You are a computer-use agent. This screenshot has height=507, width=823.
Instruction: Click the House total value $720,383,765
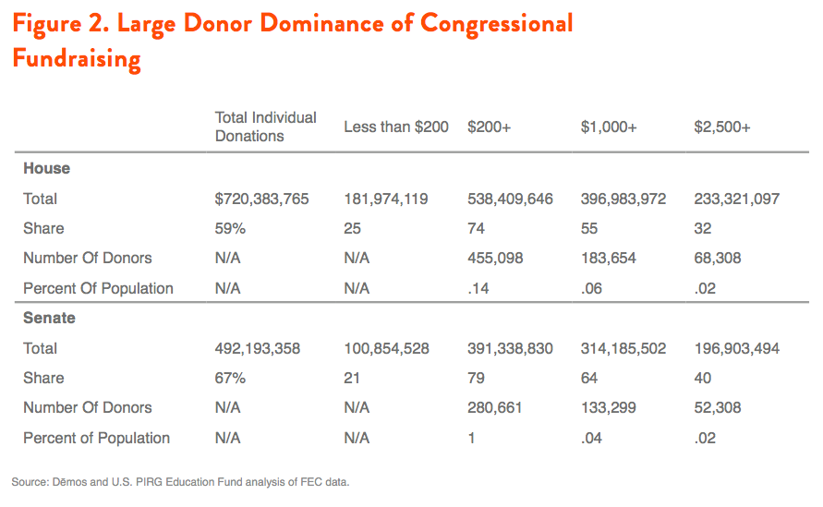262,199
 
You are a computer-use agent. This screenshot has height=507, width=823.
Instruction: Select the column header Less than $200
396,127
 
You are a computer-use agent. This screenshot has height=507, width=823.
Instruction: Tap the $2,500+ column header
722,127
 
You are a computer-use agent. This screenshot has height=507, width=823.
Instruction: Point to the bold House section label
47,168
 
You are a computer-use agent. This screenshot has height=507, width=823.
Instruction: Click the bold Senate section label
49,318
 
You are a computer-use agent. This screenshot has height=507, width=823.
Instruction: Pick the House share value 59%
230,228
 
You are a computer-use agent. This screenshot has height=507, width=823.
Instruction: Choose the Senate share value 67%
230,378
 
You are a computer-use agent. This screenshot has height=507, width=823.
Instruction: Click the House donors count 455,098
495,259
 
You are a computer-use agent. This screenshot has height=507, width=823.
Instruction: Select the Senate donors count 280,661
495,408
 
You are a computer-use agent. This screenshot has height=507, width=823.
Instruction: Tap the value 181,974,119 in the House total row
386,199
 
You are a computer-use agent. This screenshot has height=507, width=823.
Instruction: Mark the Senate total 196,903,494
737,348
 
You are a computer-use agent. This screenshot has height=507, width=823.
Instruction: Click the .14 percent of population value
478,289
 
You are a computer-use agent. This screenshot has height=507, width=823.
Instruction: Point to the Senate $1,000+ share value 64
589,378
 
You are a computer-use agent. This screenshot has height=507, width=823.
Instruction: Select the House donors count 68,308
718,259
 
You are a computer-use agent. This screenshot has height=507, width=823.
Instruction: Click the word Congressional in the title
497,24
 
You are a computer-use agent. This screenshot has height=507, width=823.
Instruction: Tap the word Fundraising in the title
77,59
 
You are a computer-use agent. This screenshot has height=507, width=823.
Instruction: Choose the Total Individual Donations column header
266,127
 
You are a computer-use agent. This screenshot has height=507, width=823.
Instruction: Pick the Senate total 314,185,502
623,348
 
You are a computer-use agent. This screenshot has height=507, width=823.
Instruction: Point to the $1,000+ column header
609,127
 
